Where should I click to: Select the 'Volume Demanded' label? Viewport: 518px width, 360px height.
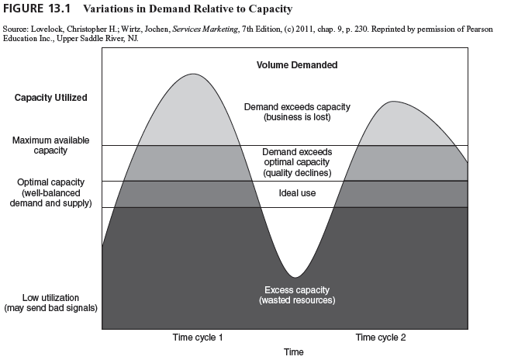297,65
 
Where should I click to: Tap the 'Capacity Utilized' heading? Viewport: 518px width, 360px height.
51,98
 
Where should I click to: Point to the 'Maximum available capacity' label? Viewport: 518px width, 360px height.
50,145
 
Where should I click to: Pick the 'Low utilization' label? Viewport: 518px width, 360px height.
50,297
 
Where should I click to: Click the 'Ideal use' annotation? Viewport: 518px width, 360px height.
297,192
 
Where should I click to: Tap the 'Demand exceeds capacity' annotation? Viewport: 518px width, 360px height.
297,106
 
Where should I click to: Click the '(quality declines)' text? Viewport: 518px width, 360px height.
297,173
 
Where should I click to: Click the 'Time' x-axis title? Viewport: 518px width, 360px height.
293,352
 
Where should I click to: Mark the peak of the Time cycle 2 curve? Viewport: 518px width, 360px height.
394,102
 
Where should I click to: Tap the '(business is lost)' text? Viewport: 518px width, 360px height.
297,117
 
